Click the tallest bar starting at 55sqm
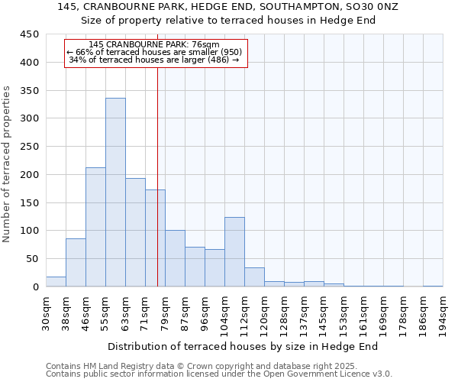coord(115,193)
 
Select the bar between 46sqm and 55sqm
coord(95,227)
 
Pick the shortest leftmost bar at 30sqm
coord(56,282)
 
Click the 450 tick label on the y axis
coord(30,34)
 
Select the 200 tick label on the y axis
coord(30,175)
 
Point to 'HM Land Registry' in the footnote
coord(111,366)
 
